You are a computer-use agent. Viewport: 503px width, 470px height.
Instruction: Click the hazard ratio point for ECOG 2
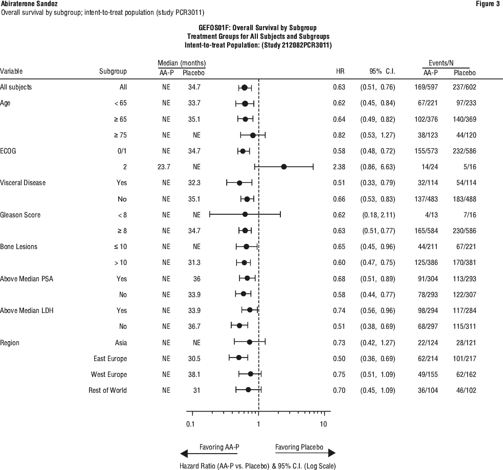283,167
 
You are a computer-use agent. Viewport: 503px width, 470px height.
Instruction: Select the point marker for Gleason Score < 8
245,214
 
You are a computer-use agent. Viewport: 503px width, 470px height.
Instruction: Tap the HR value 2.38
339,167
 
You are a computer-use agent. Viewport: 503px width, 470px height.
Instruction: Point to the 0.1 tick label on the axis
190,424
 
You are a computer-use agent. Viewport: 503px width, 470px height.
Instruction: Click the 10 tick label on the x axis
323,424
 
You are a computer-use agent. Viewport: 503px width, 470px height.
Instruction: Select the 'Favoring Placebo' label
299,447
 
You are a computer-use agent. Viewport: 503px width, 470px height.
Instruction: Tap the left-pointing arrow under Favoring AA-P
209,453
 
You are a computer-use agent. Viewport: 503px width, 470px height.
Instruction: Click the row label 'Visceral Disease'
23,183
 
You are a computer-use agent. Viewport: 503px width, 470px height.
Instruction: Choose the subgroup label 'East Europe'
110,359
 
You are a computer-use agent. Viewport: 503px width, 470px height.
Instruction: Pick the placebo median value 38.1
194,374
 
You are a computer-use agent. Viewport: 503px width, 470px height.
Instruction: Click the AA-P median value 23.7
164,167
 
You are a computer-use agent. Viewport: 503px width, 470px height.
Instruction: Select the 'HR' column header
340,71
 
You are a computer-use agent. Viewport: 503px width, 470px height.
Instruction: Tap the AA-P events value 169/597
426,87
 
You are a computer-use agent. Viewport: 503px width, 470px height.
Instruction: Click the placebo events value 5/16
470,167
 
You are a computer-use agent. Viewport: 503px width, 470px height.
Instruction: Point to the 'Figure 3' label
488,4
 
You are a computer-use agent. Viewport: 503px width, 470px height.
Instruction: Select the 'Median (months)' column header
182,63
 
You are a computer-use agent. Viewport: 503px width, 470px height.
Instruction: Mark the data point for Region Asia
250,342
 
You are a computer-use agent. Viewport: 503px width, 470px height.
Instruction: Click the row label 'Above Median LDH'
27,310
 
